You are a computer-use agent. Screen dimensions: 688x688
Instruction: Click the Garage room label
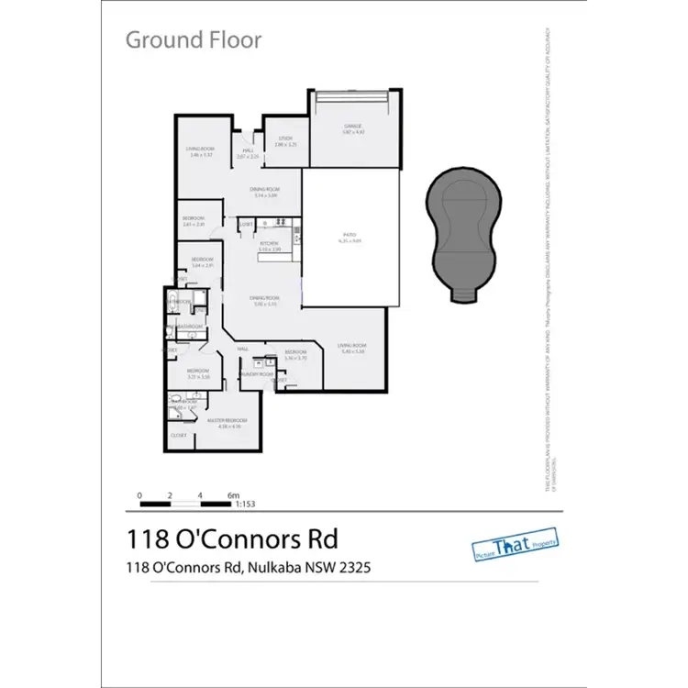(x=353, y=126)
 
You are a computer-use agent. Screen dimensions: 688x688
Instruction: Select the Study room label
(x=285, y=139)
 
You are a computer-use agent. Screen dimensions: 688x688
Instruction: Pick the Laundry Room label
(x=257, y=374)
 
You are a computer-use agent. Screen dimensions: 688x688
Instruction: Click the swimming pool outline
(x=463, y=229)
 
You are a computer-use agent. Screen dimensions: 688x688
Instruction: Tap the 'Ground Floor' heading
(x=193, y=39)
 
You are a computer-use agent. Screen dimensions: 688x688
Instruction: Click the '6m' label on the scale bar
(x=231, y=495)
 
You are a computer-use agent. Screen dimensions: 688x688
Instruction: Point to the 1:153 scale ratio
(x=245, y=504)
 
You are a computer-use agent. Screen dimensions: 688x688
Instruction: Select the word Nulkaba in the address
(x=272, y=568)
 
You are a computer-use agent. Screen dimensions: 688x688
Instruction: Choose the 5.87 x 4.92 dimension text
(x=353, y=132)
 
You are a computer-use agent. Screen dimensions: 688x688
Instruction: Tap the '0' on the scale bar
(x=139, y=495)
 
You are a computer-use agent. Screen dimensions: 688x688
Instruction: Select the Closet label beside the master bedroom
(x=178, y=435)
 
